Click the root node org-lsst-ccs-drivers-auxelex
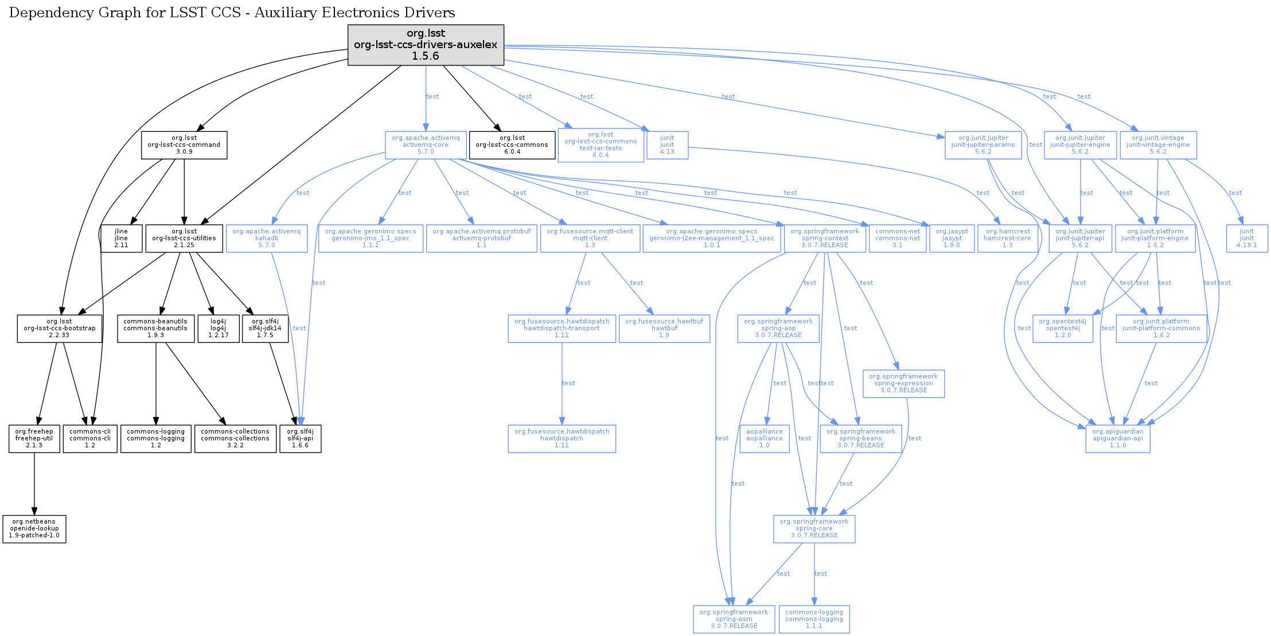click(x=426, y=45)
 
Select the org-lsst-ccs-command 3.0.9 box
click(x=184, y=145)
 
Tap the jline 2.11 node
click(x=121, y=239)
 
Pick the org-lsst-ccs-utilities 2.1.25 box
click(x=184, y=239)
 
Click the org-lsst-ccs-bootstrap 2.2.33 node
click(x=60, y=329)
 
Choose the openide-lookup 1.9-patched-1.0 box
click(x=34, y=529)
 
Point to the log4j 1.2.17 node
click(x=218, y=329)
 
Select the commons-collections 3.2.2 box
click(x=235, y=439)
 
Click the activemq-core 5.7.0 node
click(x=426, y=145)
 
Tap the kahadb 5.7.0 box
click(x=267, y=239)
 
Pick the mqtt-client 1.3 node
click(x=590, y=239)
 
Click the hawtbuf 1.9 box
click(x=664, y=329)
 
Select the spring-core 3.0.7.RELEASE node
click(x=814, y=529)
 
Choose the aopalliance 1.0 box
click(x=765, y=439)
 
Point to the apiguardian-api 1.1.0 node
click(x=1117, y=439)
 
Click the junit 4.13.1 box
click(x=1246, y=239)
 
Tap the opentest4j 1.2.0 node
click(x=1062, y=329)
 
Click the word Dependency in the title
click(x=42, y=13)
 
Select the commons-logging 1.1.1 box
click(x=814, y=619)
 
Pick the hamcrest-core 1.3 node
click(x=1007, y=239)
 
